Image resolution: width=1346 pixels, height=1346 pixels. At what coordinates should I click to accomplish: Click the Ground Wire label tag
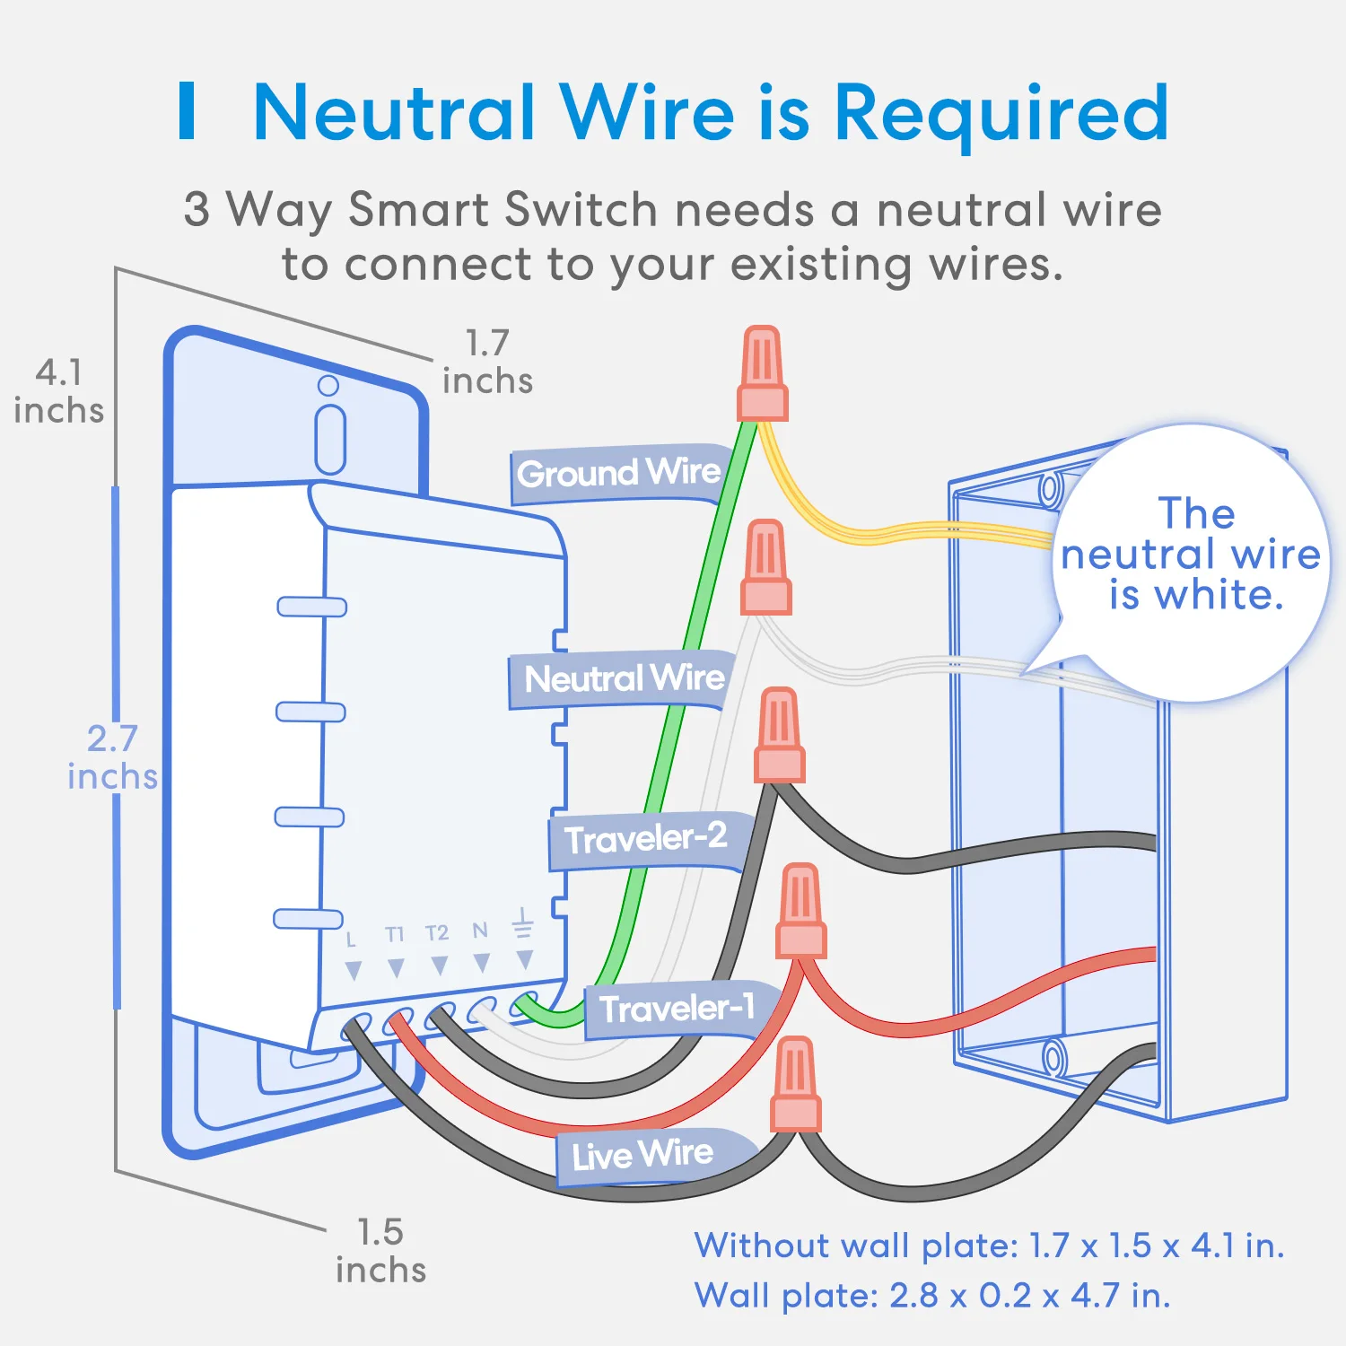pos(619,474)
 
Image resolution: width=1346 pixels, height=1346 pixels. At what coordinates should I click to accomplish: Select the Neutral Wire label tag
pos(623,679)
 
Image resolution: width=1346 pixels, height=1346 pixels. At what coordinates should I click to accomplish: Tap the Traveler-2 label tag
pos(646,840)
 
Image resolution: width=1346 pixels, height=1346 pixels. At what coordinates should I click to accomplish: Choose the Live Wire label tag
pos(655,1156)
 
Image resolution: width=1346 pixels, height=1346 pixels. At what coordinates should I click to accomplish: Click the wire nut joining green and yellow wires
pos(763,373)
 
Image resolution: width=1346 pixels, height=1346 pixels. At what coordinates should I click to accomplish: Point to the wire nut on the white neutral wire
pos(765,567)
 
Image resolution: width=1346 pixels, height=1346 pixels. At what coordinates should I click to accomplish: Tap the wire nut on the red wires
pos(800,911)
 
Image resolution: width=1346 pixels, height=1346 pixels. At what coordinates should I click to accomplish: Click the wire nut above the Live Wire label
pos(795,1084)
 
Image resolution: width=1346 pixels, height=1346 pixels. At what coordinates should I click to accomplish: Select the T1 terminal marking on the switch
pos(395,935)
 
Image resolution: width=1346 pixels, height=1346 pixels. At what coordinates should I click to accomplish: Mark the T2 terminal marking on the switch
pos(437,933)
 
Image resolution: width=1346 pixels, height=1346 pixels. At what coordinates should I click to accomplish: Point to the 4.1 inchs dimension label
pos(58,391)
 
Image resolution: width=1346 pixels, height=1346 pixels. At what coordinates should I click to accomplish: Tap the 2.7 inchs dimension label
pos(112,757)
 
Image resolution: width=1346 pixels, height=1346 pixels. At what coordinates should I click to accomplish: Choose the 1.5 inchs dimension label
pos(380,1251)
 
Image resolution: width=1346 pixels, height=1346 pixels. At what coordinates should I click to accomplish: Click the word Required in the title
pos(1001,113)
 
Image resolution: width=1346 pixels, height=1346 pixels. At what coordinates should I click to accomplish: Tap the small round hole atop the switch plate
pos(328,386)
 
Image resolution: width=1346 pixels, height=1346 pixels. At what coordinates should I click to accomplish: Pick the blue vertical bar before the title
pos(187,110)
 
